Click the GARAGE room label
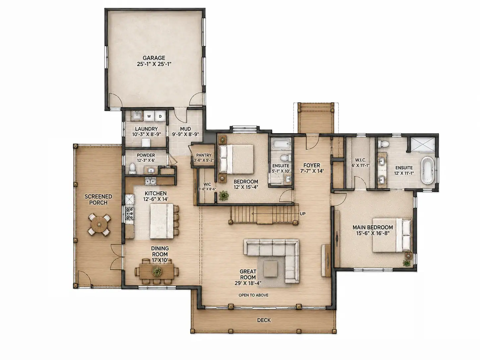(x=154, y=58)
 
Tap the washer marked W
(x=149, y=116)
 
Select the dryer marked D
(x=160, y=116)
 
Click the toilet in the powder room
(x=132, y=169)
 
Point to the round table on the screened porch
(x=99, y=224)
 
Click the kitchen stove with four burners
(x=130, y=213)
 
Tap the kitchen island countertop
(x=162, y=221)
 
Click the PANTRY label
(x=204, y=155)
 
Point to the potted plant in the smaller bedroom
(x=223, y=195)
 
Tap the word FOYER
(x=312, y=165)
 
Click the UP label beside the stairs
(x=303, y=214)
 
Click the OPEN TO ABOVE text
(x=254, y=295)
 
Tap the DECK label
(x=264, y=320)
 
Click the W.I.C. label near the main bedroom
(x=360, y=160)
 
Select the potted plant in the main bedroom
(x=407, y=263)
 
